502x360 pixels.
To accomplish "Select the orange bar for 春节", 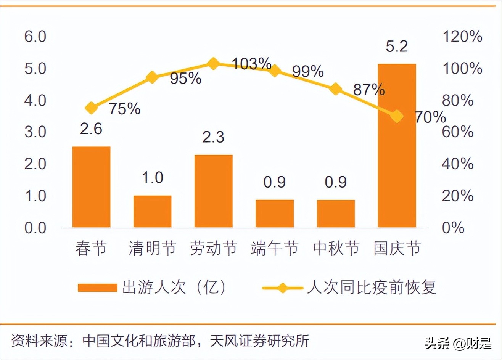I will pyautogui.click(x=91, y=187).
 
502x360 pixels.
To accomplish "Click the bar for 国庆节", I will pyautogui.click(x=397, y=146).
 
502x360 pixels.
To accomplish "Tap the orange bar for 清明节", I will pyautogui.click(x=152, y=212).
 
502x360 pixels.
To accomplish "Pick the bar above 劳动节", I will pyautogui.click(x=213, y=191).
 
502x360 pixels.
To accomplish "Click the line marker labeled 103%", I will pyautogui.click(x=213, y=64).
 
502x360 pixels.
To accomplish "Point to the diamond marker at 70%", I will pyautogui.click(x=397, y=116).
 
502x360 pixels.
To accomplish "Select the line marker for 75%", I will pyautogui.click(x=91, y=108).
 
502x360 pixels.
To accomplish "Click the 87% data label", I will pyautogui.click(x=368, y=90).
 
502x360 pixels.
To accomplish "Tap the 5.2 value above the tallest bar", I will pyautogui.click(x=397, y=46).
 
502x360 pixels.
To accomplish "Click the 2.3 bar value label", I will pyautogui.click(x=213, y=137).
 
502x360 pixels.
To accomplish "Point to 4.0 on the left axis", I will pyautogui.click(x=35, y=100).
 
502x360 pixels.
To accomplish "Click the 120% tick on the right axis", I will pyautogui.click(x=462, y=37).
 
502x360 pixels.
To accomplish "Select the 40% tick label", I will pyautogui.click(x=458, y=164).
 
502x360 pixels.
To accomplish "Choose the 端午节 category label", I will pyautogui.click(x=274, y=249).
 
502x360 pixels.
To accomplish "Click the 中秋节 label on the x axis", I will pyautogui.click(x=336, y=249).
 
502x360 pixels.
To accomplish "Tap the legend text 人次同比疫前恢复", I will pyautogui.click(x=372, y=287).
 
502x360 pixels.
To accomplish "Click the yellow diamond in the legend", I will pyautogui.click(x=282, y=288).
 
